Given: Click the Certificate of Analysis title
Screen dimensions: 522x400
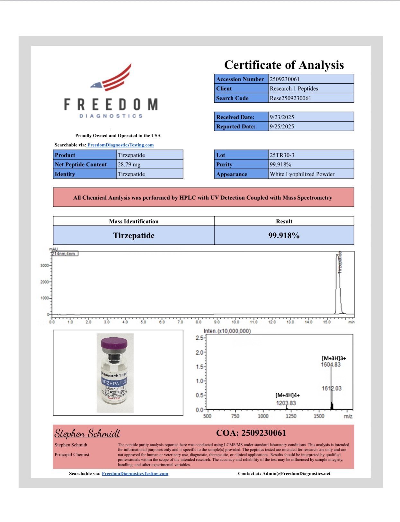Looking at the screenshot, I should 284,65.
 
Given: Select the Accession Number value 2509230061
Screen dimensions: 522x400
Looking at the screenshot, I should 285,79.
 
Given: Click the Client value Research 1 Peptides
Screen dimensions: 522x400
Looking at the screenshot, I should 294,89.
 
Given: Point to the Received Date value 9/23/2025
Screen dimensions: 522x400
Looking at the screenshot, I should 282,117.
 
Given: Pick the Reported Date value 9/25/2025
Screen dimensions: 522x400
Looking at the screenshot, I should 282,126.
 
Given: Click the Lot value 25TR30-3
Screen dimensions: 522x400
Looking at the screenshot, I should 282,155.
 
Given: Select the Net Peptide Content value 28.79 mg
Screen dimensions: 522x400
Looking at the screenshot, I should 129,164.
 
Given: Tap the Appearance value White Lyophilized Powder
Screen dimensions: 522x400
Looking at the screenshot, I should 302,174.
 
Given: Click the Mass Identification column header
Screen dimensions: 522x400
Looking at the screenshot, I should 134,221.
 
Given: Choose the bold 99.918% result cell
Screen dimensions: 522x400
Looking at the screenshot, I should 284,236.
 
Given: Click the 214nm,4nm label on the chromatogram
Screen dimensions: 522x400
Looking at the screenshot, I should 64,254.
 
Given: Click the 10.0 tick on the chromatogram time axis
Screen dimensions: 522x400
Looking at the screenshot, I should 235,322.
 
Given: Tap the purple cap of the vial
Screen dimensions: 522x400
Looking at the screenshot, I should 114,343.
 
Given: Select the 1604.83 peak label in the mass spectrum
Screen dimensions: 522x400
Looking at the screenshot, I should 331,365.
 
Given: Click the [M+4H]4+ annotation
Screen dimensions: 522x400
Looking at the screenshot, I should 288,395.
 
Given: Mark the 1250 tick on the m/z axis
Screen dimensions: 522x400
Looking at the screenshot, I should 291,416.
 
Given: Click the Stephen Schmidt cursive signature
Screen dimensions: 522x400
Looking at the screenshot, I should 87,433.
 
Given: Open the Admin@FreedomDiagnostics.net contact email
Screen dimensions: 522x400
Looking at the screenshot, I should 296,473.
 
